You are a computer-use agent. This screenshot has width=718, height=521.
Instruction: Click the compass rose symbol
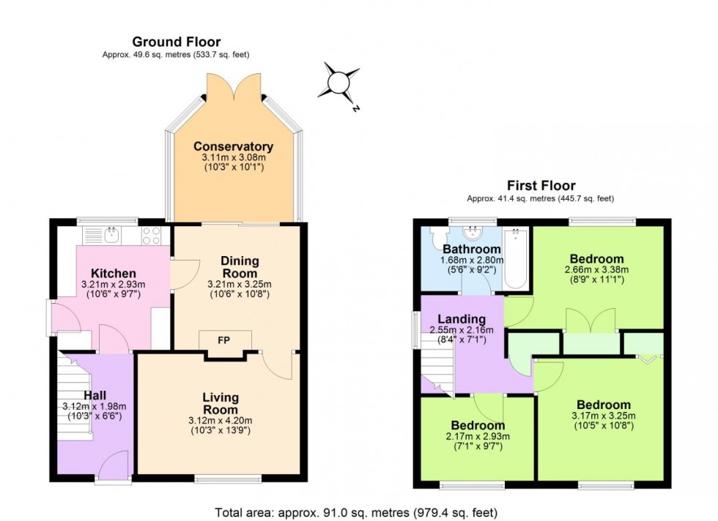point(338,82)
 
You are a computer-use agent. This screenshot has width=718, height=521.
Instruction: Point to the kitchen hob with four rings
point(150,235)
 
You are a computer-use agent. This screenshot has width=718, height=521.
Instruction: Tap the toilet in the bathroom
point(438,237)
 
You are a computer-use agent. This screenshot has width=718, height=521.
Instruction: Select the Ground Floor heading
point(176,42)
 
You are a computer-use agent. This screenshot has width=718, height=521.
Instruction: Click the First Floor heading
point(541,186)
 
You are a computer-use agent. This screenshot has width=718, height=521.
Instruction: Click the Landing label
point(462,319)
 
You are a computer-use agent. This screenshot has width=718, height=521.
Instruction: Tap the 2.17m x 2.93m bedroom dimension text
point(478,438)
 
